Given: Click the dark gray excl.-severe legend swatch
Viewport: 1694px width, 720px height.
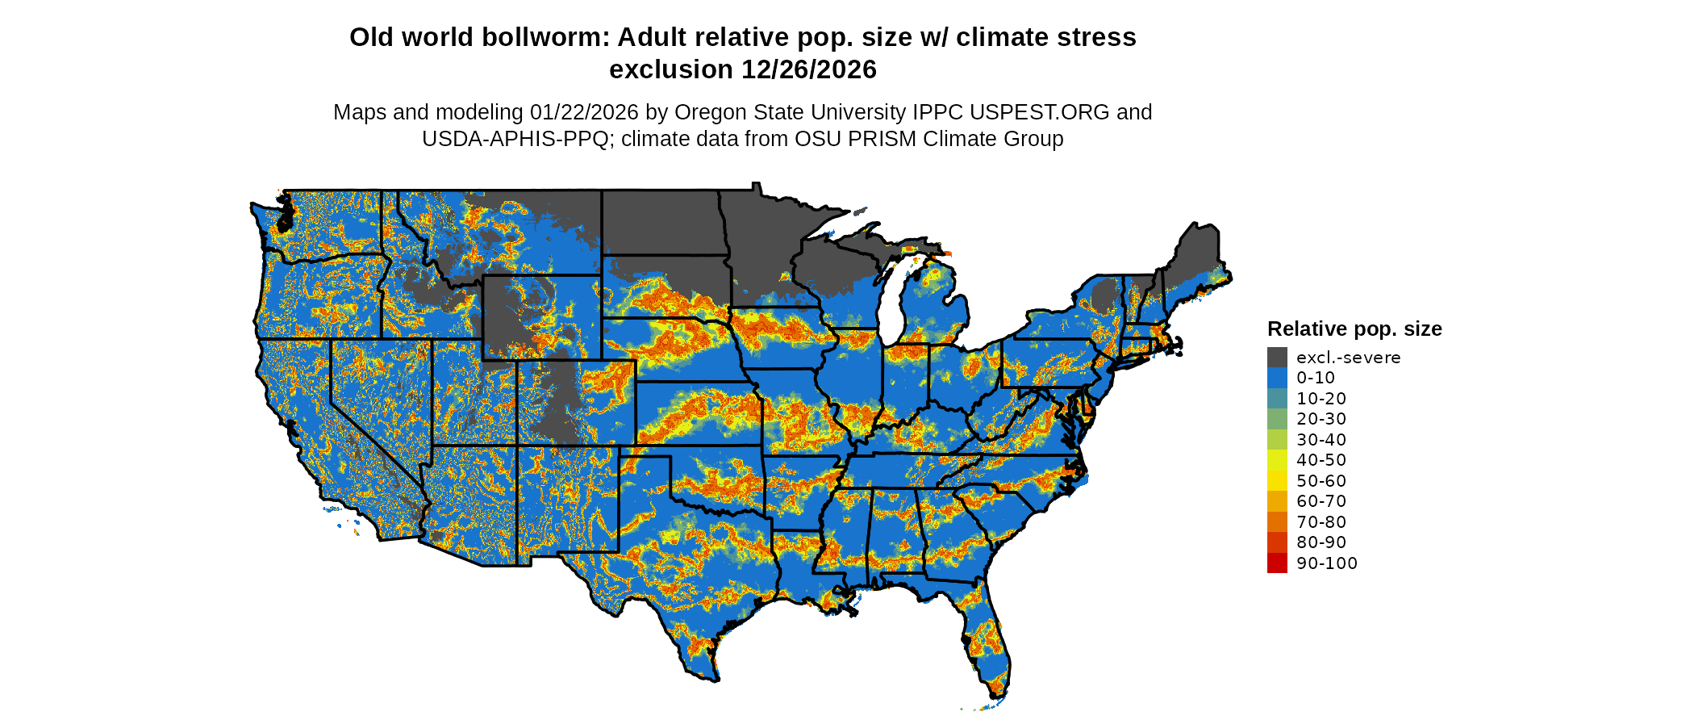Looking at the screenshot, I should (1277, 358).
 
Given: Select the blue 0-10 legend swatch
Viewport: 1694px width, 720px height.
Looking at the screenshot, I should (1277, 378).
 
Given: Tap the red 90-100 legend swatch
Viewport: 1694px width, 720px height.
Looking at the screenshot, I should (1277, 563).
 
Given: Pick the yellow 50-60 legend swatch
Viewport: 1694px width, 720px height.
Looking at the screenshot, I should (1277, 481).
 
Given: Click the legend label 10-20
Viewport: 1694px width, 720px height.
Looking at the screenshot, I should (1321, 399).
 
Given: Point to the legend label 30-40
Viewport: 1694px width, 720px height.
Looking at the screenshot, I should (1321, 440).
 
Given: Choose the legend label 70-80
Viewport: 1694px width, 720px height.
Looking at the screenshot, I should (1321, 522).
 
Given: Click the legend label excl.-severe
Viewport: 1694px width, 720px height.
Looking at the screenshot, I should (1348, 358).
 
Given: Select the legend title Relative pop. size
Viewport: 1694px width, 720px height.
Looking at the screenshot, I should (1354, 329).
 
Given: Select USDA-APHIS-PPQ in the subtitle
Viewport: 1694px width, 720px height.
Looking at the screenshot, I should (515, 140).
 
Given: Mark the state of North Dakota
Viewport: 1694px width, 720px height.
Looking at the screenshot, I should (660, 222).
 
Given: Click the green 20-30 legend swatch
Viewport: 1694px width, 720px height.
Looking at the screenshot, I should (1277, 419).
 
